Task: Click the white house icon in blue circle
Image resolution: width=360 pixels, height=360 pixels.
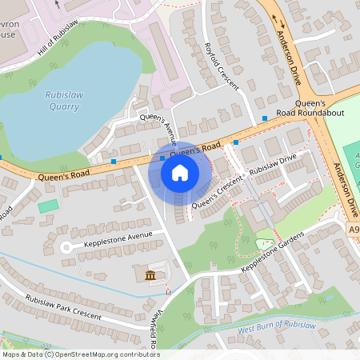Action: (x=180, y=172)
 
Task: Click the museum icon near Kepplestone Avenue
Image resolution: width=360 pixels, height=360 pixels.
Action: (x=151, y=277)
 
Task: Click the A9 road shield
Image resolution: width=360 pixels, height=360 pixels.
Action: (x=353, y=230)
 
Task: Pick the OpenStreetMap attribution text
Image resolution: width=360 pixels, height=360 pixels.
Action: (x=80, y=354)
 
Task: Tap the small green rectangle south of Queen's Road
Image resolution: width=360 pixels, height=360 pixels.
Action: (x=48, y=206)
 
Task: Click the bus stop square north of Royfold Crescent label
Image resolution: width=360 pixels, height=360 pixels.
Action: (x=265, y=119)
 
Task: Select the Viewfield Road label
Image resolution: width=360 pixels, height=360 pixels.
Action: (x=153, y=328)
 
